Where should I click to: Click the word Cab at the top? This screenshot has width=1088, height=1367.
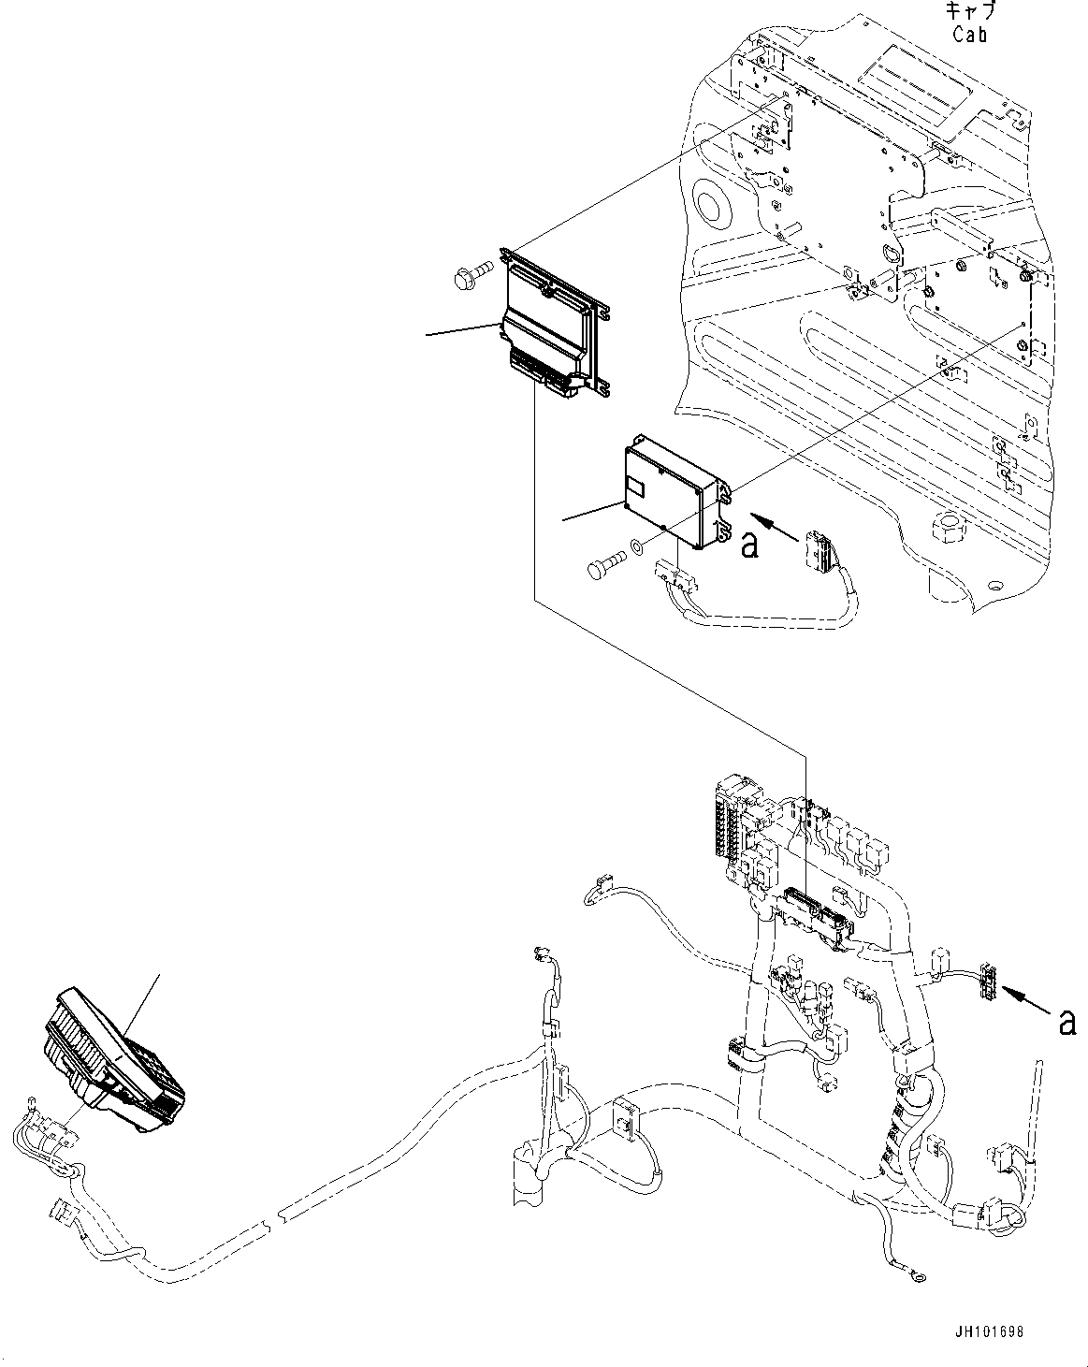point(970,35)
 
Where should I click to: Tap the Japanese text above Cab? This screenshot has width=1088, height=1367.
point(970,12)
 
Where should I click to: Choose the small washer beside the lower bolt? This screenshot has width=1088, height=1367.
point(634,545)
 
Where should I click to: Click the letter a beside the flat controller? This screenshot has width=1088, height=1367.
point(748,545)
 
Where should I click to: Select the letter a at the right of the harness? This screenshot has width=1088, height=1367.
point(1066,1023)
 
